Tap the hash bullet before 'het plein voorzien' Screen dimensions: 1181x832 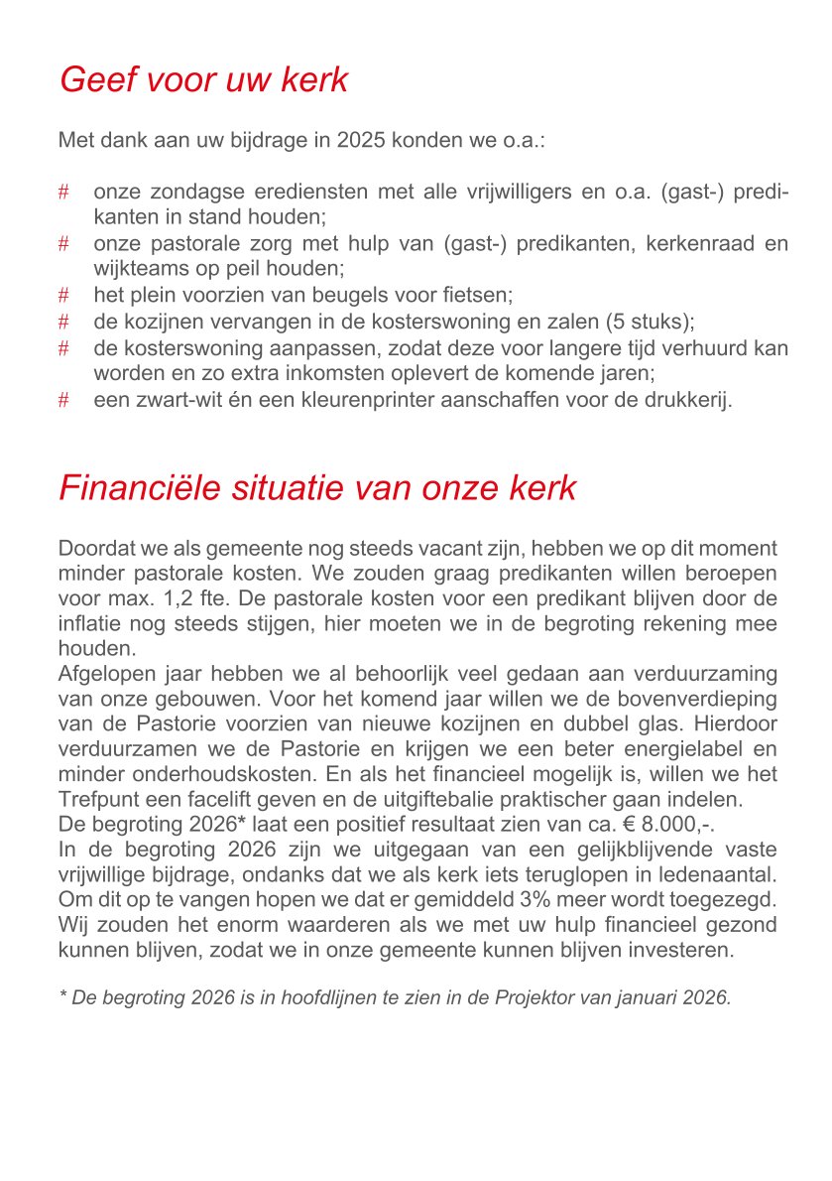point(63,295)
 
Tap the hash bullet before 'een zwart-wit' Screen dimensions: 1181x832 point(63,400)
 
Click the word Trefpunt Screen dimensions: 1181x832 point(98,801)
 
